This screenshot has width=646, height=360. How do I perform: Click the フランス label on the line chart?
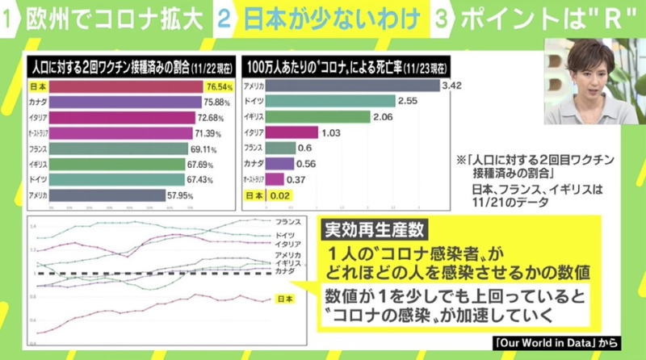click(287, 220)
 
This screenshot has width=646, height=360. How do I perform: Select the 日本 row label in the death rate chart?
click(254, 195)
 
